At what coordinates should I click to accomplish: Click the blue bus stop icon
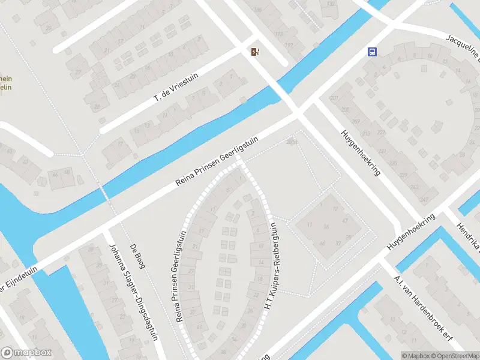pyautogui.click(x=372, y=52)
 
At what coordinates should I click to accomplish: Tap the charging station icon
pyautogui.click(x=255, y=52)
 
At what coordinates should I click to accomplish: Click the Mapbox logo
pyautogui.click(x=26, y=353)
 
